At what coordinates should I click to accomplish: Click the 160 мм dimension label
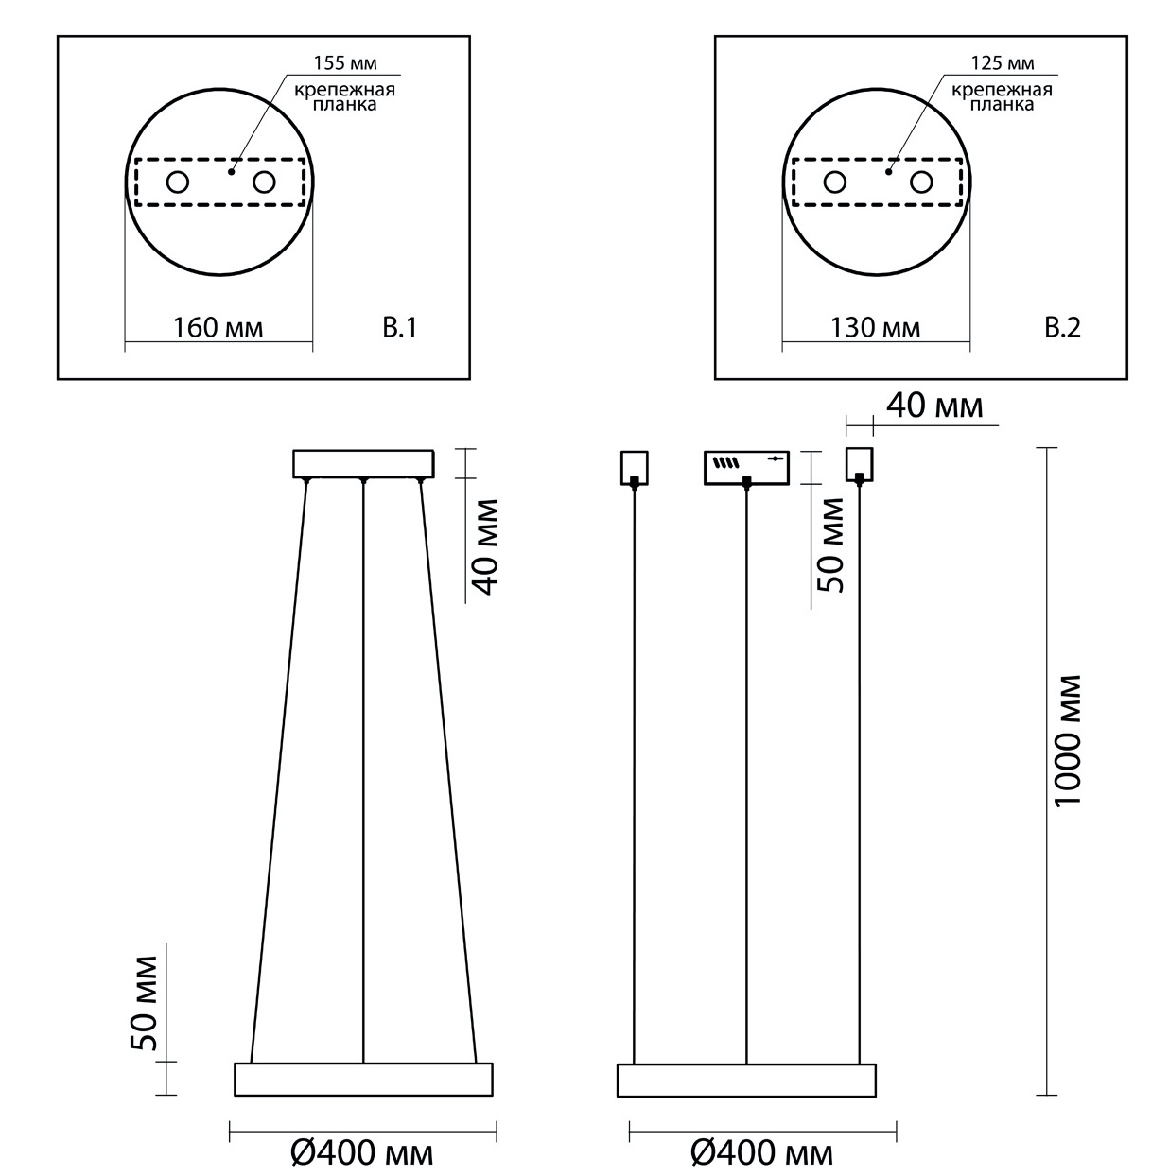[x=218, y=328]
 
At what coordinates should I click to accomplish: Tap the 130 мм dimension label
[x=875, y=328]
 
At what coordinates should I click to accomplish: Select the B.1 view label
[x=399, y=328]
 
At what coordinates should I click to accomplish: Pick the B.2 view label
[x=1062, y=328]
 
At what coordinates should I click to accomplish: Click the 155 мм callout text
[x=345, y=62]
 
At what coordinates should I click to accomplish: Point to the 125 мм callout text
[x=1003, y=62]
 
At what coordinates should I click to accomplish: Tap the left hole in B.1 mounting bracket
[x=178, y=182]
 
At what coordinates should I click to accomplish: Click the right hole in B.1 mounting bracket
[x=264, y=182]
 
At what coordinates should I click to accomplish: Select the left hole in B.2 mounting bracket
[x=835, y=182]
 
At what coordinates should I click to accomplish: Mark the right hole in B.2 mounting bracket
[x=921, y=182]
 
